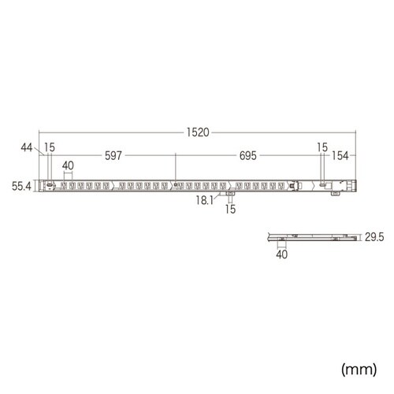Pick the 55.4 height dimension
pos(22,186)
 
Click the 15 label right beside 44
pos(50,147)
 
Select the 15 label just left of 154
pos(322,147)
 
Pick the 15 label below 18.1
pos(230,210)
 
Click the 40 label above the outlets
pos(68,165)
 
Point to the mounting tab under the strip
pos(230,194)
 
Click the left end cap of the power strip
pos(46,186)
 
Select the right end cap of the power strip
pos(356,186)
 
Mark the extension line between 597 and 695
pos(176,167)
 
